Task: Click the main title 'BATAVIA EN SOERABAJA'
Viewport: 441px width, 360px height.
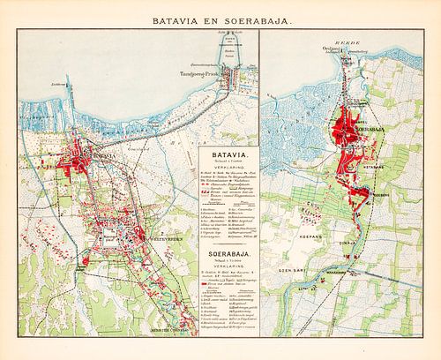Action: click(x=220, y=16)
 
